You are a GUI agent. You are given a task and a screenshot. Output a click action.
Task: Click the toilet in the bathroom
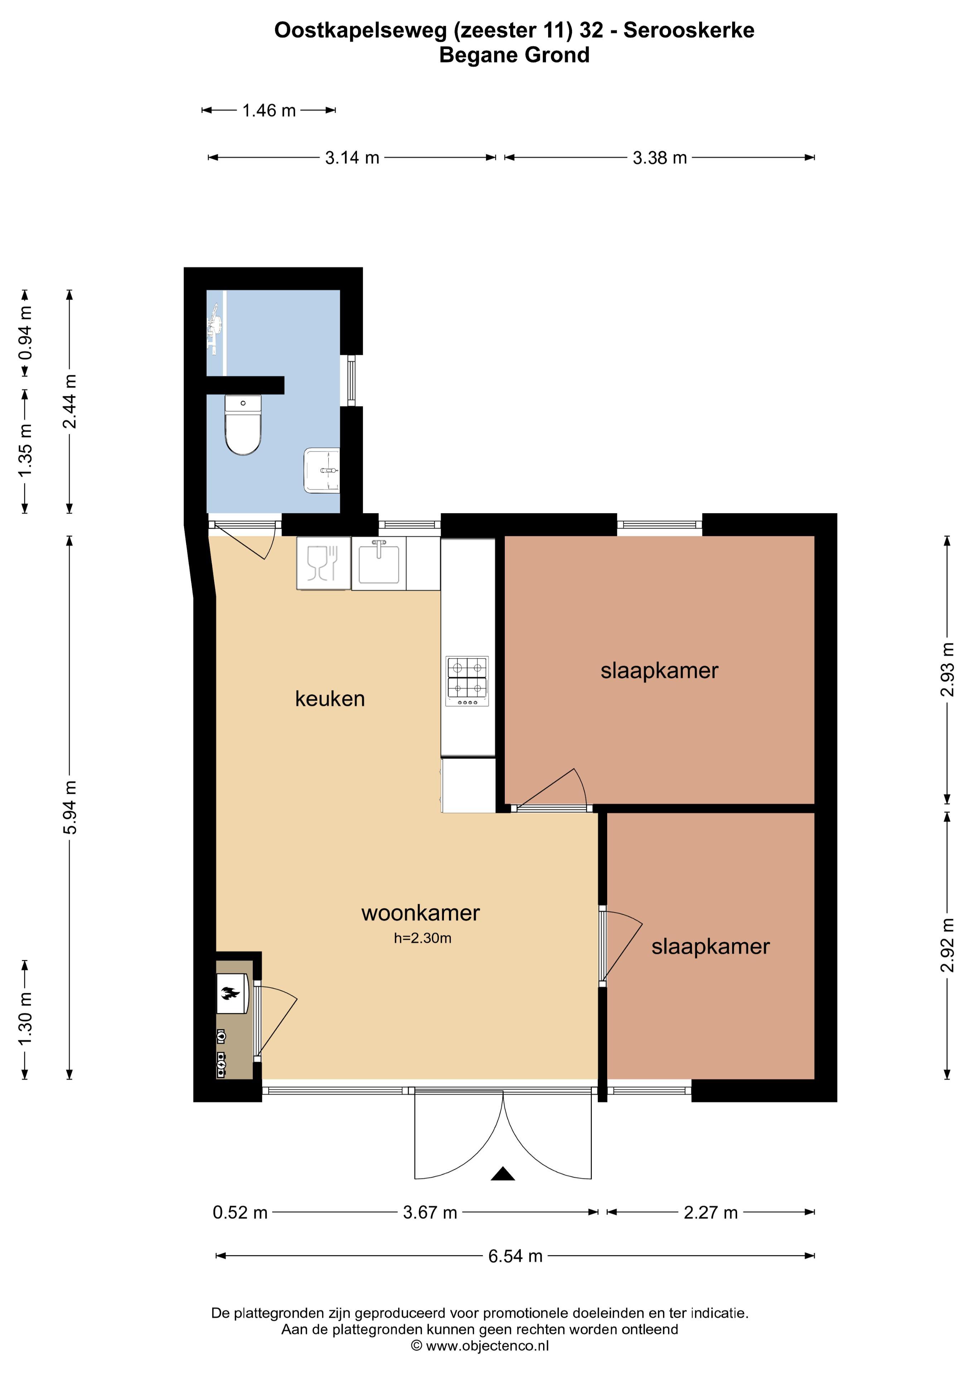point(243,425)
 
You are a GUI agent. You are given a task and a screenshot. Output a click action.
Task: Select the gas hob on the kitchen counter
point(467,681)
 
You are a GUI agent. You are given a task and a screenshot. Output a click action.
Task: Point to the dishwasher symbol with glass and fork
point(323,563)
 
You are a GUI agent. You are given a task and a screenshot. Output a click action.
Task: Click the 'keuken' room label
point(330,699)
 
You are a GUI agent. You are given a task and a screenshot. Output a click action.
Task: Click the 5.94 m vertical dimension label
point(70,808)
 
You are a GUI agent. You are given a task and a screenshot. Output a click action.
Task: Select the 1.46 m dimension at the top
point(269,110)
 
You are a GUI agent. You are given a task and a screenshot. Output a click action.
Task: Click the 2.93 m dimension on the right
point(947,670)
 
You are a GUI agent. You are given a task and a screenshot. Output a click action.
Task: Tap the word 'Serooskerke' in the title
point(689,30)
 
